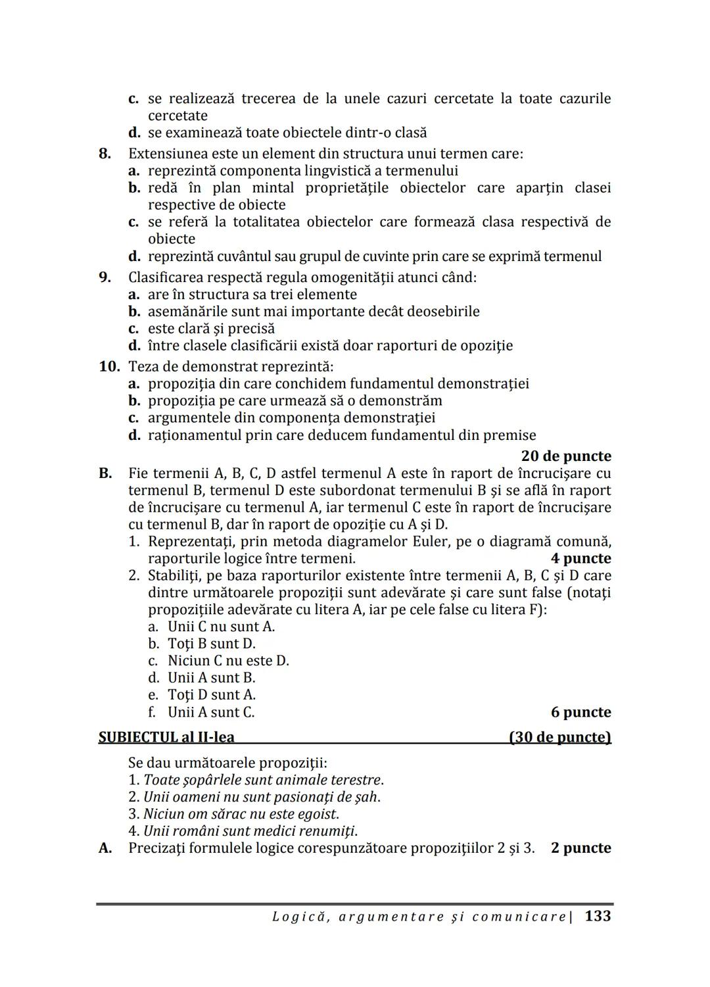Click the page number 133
click(598, 915)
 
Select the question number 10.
click(109, 366)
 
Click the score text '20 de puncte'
click(565, 456)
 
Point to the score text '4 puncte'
click(580, 558)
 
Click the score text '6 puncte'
click(580, 712)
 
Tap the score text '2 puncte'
click(580, 848)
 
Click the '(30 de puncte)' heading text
click(560, 737)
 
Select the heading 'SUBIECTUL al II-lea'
click(166, 737)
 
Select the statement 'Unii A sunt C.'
click(211, 712)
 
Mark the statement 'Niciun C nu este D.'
click(228, 661)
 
